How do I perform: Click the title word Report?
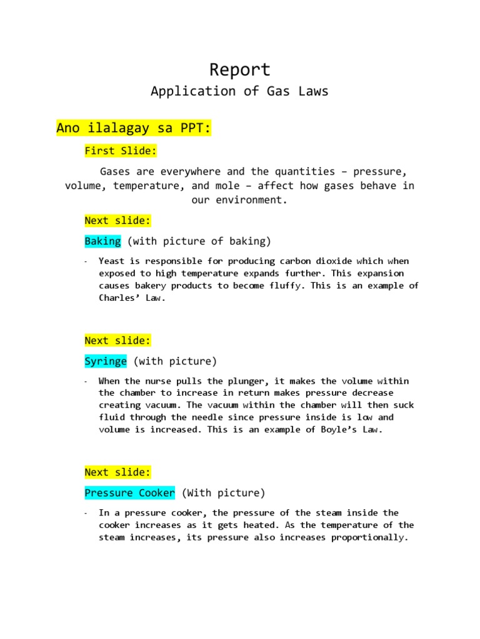click(x=240, y=69)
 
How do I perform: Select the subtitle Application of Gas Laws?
click(x=240, y=91)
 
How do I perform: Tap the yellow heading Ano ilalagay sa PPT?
click(x=134, y=128)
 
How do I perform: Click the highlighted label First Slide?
click(x=121, y=150)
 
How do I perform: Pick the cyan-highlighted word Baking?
click(x=102, y=241)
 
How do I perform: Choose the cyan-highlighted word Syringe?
click(x=106, y=361)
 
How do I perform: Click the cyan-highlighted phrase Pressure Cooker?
click(x=129, y=493)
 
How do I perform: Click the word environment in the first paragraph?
click(x=252, y=201)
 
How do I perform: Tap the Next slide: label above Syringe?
click(x=117, y=340)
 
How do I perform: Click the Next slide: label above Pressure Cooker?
click(x=117, y=472)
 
